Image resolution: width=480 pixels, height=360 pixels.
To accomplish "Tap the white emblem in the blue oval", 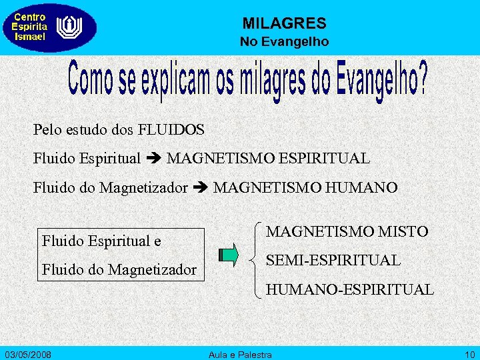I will pyautogui.click(x=68, y=27).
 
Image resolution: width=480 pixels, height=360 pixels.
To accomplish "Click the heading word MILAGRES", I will pyautogui.click(x=284, y=24).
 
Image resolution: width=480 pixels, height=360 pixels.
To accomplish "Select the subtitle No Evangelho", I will pyautogui.click(x=284, y=42).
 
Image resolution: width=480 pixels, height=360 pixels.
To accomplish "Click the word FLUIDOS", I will pyautogui.click(x=171, y=129).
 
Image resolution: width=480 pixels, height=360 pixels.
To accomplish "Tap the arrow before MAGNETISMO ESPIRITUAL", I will pyautogui.click(x=153, y=159).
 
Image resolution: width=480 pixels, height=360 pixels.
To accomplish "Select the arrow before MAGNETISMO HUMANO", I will pyautogui.click(x=200, y=188).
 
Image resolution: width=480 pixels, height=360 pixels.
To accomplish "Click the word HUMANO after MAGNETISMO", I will pyautogui.click(x=364, y=188).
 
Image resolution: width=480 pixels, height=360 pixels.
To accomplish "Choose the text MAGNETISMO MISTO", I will pyautogui.click(x=347, y=231).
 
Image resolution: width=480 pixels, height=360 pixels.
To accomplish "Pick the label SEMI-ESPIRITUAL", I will pyautogui.click(x=333, y=260).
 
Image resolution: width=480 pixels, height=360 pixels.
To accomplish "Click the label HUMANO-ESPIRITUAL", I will pyautogui.click(x=349, y=289).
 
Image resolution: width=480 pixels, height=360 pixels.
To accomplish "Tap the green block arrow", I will pyautogui.click(x=228, y=255).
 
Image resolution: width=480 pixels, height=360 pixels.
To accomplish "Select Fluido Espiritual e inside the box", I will pyautogui.click(x=101, y=241).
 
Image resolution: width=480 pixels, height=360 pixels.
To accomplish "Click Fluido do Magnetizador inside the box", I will pyautogui.click(x=119, y=270).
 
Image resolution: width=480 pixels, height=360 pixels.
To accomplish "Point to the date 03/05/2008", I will pyautogui.click(x=29, y=353).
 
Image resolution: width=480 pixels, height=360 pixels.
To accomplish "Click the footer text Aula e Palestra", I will pyautogui.click(x=240, y=353).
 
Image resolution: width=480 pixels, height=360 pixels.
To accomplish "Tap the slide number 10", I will pyautogui.click(x=469, y=353).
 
